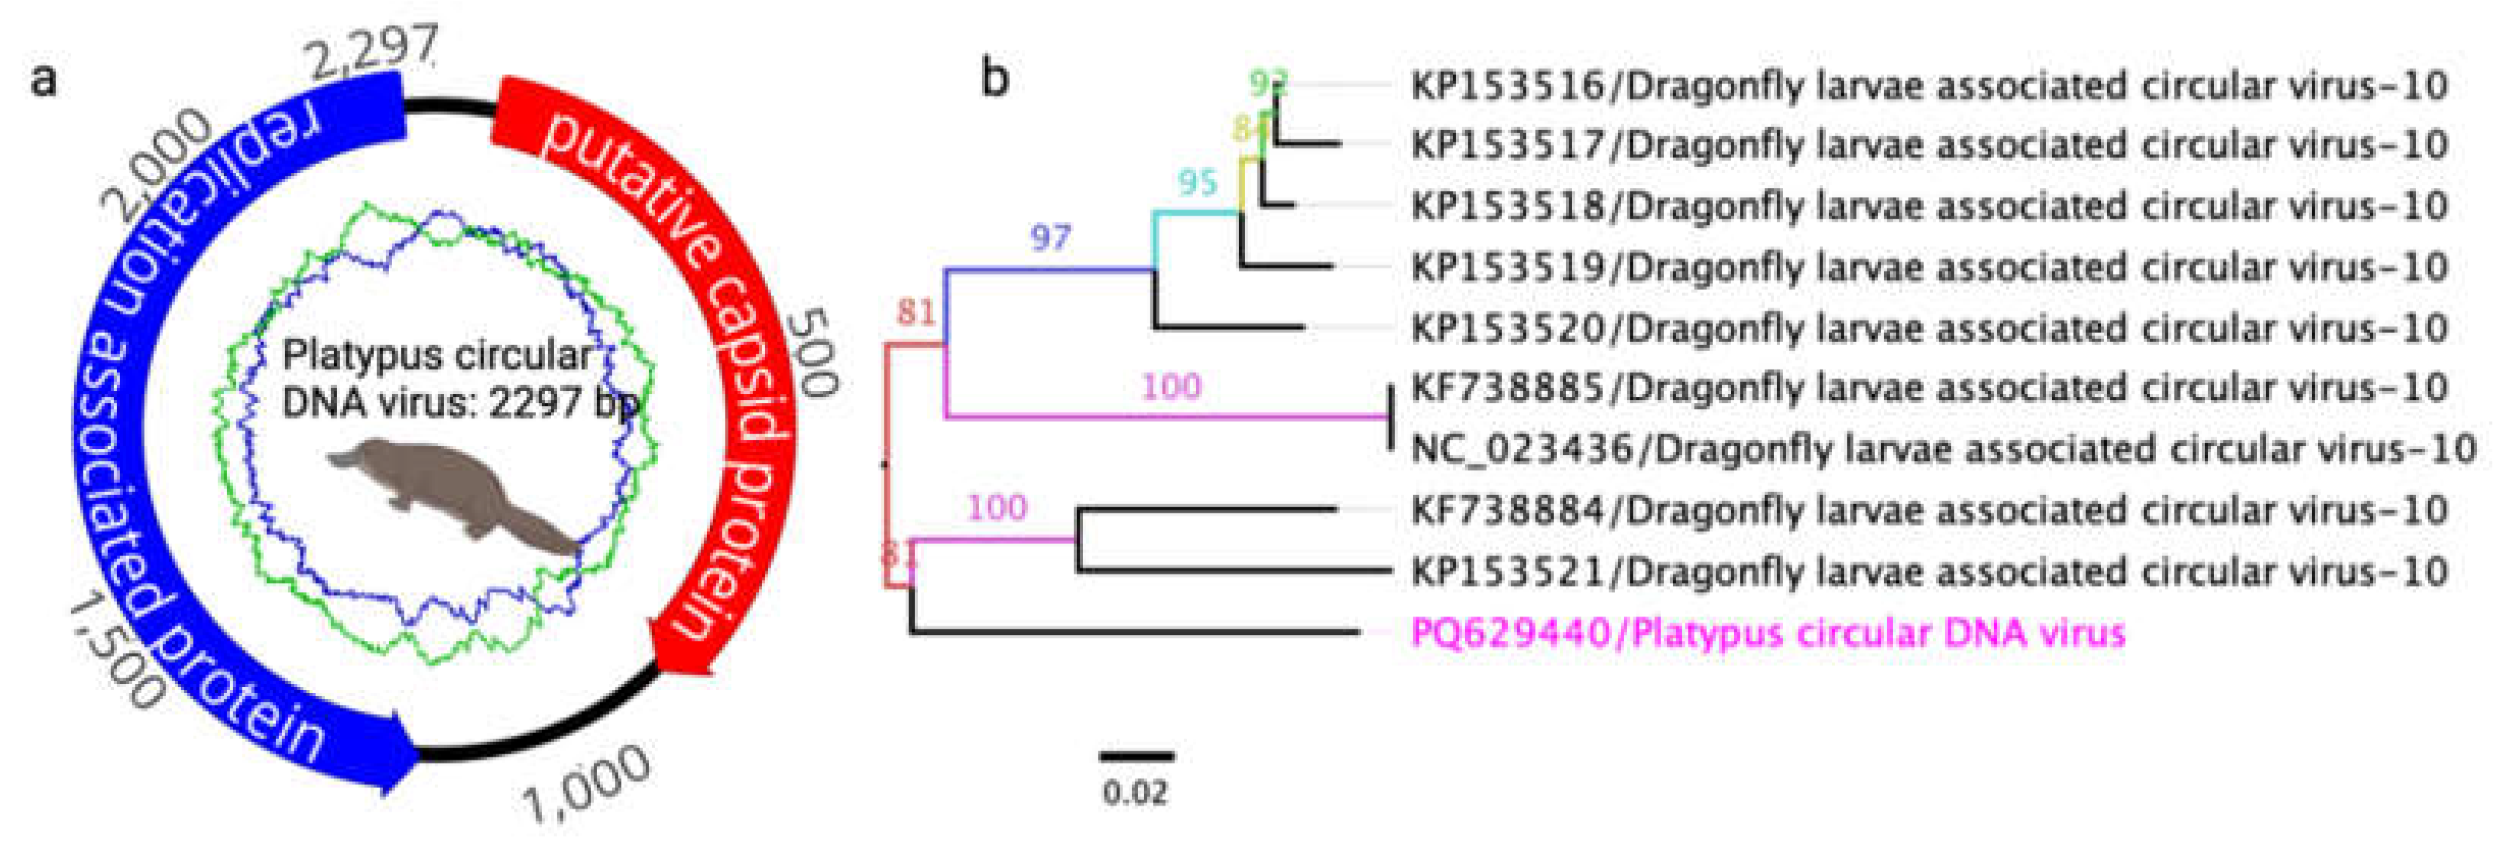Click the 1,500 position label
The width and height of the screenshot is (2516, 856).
click(x=115, y=653)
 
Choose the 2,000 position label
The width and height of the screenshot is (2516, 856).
click(x=156, y=161)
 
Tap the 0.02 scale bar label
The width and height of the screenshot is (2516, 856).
click(x=1135, y=792)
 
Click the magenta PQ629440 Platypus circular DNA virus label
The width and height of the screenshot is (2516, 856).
click(x=1768, y=633)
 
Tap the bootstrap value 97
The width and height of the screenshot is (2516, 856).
click(x=1051, y=237)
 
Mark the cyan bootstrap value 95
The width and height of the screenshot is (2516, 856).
click(x=1198, y=182)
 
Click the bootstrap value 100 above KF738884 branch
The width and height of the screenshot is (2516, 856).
click(x=997, y=507)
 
